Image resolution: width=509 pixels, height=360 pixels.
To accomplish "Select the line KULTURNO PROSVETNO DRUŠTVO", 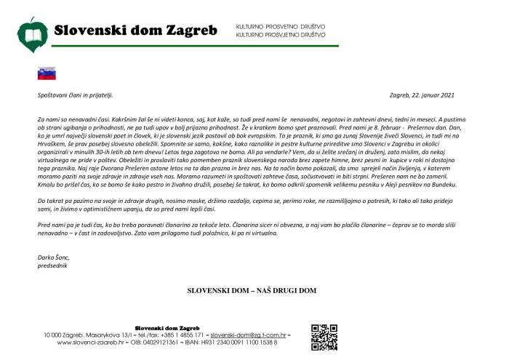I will [280, 27].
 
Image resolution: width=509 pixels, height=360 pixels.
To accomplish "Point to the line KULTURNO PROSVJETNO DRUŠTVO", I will [281, 35].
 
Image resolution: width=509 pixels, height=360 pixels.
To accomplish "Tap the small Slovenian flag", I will [47, 73].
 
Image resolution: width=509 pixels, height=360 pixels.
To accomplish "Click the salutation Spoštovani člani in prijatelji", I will [76, 95].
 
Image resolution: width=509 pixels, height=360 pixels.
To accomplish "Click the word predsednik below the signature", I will [52, 265].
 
